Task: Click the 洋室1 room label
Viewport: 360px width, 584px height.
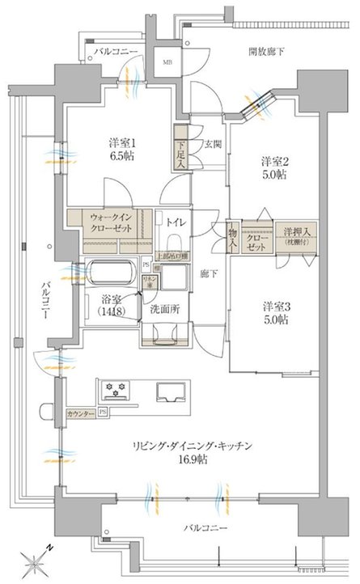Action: (121, 142)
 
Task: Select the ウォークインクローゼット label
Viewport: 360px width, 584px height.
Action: (108, 222)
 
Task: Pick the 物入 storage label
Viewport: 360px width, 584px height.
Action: (233, 235)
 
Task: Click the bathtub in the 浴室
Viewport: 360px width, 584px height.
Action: (110, 270)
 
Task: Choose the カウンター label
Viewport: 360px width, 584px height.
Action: (81, 413)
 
